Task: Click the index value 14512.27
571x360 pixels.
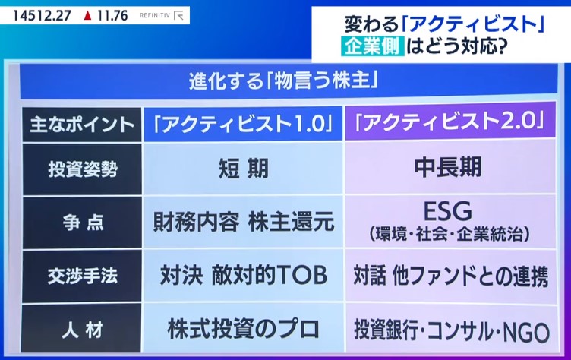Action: tap(42, 16)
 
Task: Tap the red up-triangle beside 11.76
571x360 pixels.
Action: tap(87, 16)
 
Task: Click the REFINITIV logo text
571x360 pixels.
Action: tap(155, 16)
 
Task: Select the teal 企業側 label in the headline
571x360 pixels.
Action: tap(373, 46)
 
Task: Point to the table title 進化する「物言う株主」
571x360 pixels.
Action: tap(283, 81)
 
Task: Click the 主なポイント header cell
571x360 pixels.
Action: tap(82, 125)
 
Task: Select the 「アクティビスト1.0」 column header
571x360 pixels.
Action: tap(243, 124)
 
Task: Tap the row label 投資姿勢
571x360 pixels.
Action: tap(83, 169)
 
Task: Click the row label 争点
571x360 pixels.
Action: tap(83, 223)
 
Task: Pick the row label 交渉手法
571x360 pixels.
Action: tap(83, 276)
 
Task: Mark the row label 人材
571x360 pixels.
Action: tap(82, 330)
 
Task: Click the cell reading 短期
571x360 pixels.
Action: tap(244, 169)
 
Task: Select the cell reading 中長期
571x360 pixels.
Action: tap(448, 167)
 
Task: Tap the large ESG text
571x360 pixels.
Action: tap(448, 211)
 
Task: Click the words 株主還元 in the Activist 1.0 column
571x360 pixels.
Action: tap(292, 221)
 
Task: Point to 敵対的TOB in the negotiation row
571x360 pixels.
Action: tap(269, 275)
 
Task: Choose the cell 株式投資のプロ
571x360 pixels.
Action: tap(243, 329)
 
